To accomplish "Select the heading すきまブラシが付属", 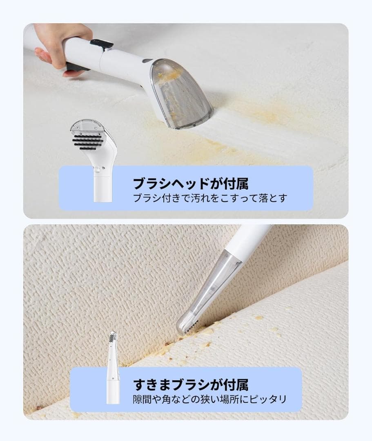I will [x=191, y=384].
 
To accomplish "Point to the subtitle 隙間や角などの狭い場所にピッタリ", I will [x=210, y=399].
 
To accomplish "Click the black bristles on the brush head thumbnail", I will [x=87, y=141].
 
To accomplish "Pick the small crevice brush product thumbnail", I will [x=113, y=367].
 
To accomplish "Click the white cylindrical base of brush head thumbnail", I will [x=100, y=190].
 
